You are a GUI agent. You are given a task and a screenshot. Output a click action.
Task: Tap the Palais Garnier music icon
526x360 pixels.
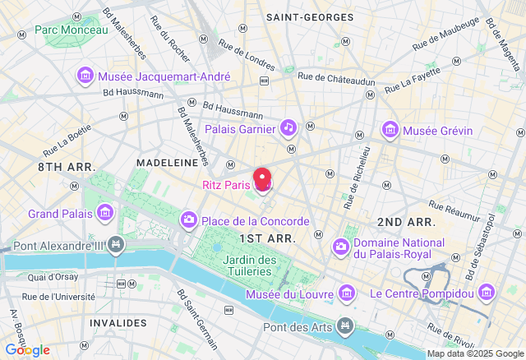tap(288, 127)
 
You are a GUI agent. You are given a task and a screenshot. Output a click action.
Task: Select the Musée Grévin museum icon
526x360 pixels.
tap(390, 129)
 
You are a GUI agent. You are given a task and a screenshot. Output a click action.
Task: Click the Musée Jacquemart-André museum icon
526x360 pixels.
tap(85, 76)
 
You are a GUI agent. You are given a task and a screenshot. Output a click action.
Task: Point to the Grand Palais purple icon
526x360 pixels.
tap(105, 214)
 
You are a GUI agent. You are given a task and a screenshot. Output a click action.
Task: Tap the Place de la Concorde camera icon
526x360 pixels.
tap(189, 220)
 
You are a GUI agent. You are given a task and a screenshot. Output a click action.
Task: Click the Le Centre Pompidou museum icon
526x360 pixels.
tap(487, 293)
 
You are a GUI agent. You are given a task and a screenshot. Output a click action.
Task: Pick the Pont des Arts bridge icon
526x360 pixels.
tap(346, 327)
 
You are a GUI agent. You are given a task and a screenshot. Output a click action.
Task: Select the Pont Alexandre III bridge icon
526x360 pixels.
tap(117, 245)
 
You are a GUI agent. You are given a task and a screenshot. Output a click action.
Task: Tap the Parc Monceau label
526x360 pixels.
tap(71, 30)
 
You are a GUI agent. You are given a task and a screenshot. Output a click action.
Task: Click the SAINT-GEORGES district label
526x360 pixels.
tap(310, 16)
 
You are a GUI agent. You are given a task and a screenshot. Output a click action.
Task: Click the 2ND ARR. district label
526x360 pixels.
tap(405, 222)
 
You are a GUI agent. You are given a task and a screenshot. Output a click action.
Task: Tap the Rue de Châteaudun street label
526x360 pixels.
tap(336, 77)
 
